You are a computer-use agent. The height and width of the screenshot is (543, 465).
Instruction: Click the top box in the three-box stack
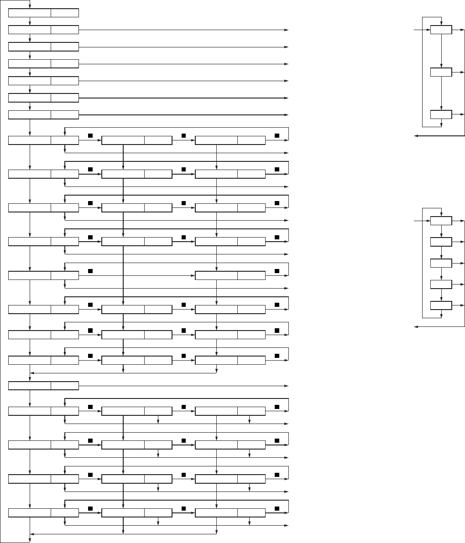(441, 30)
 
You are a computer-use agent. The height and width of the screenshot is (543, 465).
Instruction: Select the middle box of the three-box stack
(441, 72)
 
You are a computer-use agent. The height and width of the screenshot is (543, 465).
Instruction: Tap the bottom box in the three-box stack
(441, 114)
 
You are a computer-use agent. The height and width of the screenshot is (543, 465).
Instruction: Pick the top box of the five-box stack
(441, 221)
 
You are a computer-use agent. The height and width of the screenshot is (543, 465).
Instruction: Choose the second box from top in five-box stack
(441, 242)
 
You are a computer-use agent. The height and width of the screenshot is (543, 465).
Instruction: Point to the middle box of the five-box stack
(441, 263)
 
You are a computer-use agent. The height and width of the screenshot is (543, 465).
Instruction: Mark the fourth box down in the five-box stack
(441, 284)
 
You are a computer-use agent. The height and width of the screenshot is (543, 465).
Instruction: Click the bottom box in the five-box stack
(441, 305)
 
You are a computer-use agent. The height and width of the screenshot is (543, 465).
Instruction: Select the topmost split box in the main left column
(44, 12)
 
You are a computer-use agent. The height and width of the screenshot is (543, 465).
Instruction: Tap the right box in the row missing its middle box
(230, 275)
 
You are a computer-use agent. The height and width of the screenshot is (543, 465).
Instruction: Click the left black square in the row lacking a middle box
(90, 271)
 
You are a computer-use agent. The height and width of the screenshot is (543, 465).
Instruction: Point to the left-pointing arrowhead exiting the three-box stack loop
(416, 135)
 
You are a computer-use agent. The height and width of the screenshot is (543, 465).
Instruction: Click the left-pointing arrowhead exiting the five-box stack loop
(416, 326)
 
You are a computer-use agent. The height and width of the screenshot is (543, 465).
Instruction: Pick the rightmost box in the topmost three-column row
(230, 140)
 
